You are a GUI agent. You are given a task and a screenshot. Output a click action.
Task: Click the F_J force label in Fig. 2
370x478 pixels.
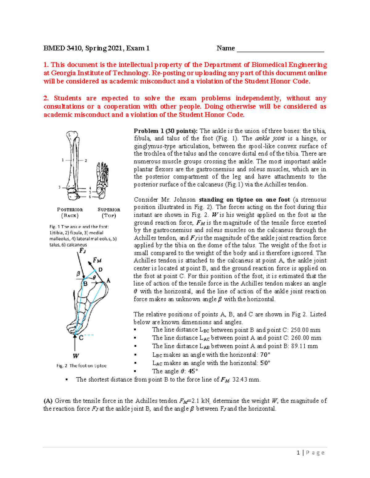[x=82, y=251]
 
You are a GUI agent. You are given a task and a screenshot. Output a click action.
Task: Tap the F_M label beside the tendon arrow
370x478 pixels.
[x=97, y=260]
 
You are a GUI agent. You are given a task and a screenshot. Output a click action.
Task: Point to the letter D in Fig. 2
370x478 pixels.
[x=100, y=270]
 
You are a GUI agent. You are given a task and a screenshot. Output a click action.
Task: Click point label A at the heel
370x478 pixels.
[x=108, y=280]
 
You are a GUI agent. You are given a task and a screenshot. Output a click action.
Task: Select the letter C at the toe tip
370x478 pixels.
[x=81, y=338]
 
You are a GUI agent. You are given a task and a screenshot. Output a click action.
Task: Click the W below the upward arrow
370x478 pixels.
[x=76, y=356]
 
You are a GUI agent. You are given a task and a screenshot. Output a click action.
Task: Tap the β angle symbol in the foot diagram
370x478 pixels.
[x=78, y=274]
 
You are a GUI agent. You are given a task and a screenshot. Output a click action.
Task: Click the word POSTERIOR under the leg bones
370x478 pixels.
[x=70, y=210]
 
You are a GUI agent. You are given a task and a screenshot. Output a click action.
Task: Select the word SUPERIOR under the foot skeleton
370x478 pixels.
[x=109, y=210]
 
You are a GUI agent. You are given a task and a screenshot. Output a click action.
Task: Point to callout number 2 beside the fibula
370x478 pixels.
[x=86, y=160]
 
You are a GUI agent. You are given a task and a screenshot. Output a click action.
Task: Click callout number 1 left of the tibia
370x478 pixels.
[x=63, y=160]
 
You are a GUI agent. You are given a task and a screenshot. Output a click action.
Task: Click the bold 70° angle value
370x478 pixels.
[x=265, y=355]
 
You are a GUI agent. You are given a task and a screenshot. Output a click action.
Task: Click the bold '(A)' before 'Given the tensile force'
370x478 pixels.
[x=48, y=401]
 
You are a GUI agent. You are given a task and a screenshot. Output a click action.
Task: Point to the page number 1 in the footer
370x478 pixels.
[x=298, y=452]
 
